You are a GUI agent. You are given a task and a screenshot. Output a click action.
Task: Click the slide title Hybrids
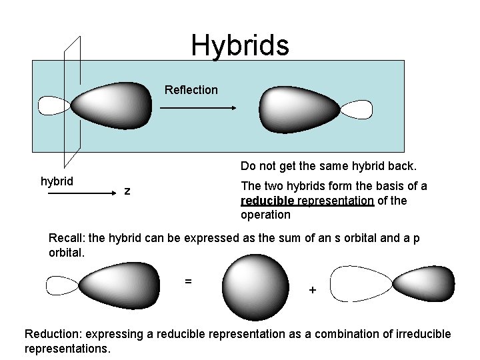click(240, 45)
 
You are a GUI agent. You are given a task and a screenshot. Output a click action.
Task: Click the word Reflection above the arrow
click(191, 90)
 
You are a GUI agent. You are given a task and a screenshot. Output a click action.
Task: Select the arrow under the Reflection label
click(198, 107)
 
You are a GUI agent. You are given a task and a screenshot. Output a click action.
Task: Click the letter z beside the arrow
click(127, 192)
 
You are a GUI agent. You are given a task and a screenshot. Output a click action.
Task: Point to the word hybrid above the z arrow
click(57, 181)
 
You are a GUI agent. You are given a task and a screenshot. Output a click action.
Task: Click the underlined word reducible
click(267, 201)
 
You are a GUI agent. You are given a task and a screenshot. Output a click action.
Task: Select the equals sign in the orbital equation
click(189, 281)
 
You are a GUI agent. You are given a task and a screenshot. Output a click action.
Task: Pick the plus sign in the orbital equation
click(312, 291)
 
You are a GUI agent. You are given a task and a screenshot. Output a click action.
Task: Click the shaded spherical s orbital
click(255, 288)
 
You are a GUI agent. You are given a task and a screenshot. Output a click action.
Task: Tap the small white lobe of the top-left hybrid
click(54, 105)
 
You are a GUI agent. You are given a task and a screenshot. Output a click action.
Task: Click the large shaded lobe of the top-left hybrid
click(112, 105)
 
